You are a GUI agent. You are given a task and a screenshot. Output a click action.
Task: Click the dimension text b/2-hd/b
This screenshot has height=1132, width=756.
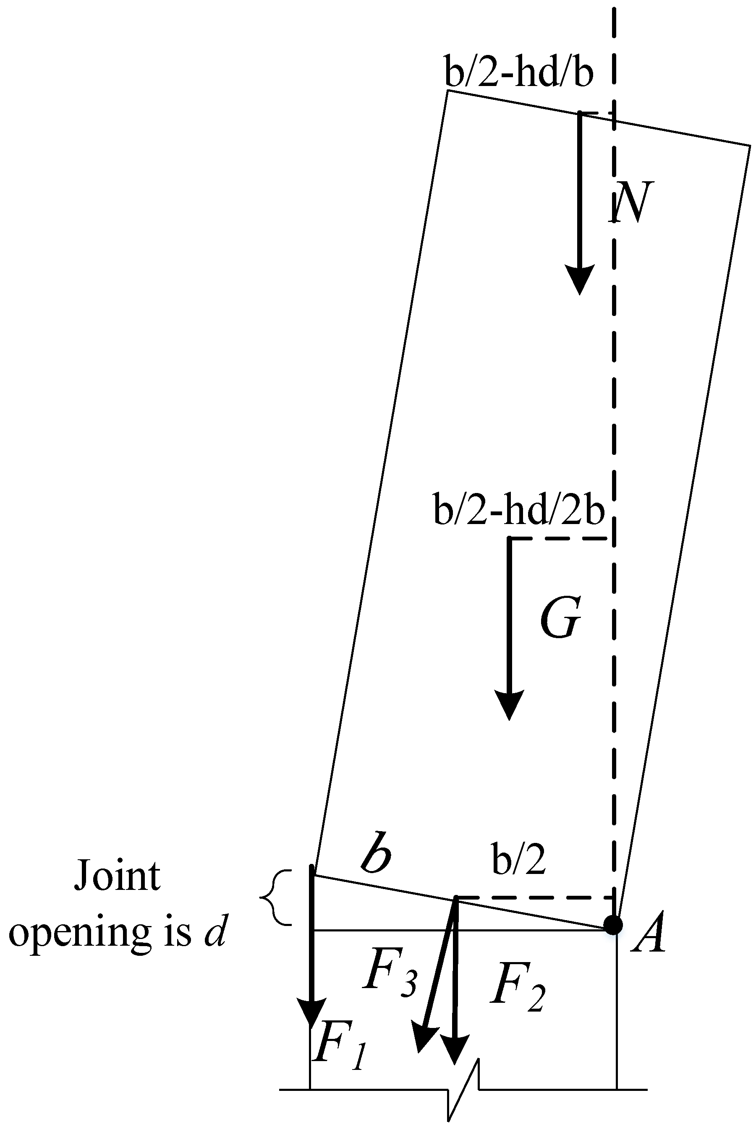click(x=518, y=73)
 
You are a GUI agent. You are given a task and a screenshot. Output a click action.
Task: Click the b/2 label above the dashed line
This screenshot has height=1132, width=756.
click(x=519, y=859)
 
